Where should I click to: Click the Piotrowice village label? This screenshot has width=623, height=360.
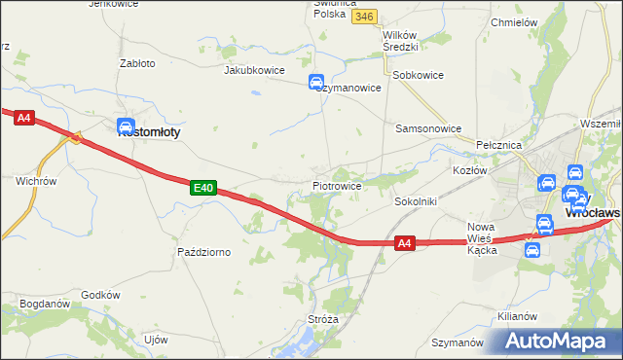[x=337, y=185]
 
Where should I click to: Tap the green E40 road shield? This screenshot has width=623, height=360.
[x=202, y=187]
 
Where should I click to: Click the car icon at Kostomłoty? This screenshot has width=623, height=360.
[x=126, y=126]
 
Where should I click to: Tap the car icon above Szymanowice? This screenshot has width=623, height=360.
[x=317, y=83]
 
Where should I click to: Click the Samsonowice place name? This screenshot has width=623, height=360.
[x=427, y=128]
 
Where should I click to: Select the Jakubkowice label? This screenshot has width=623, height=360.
[x=252, y=70]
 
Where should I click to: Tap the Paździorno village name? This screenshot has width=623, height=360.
[x=203, y=252]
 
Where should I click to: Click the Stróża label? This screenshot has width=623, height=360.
[x=323, y=318]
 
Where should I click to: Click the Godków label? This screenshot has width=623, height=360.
[x=100, y=295]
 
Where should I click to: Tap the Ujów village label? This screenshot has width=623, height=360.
[x=156, y=340]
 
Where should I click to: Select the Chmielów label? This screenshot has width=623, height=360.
[x=515, y=22]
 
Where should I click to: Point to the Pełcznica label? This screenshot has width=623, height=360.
[x=499, y=144]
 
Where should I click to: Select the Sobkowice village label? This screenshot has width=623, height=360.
[x=417, y=75]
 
